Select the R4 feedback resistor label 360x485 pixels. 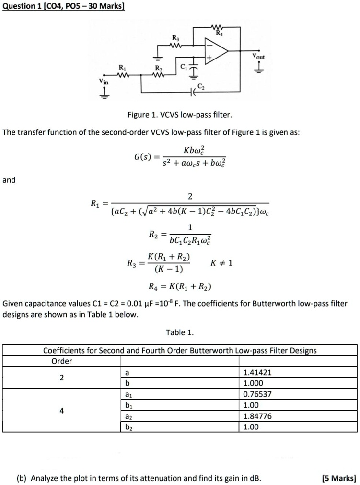pyautogui.click(x=220, y=34)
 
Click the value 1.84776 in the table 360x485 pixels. pyautogui.click(x=257, y=416)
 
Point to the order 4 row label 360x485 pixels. pyautogui.click(x=61, y=410)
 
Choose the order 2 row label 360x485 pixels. pyautogui.click(x=61, y=378)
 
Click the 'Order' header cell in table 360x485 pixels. pyautogui.click(x=61, y=361)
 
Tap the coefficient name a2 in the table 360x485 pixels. pyautogui.click(x=127, y=416)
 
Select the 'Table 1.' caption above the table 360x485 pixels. pyautogui.click(x=180, y=332)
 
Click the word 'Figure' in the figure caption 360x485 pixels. pyautogui.click(x=139, y=115)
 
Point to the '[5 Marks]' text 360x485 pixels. pyautogui.click(x=339, y=478)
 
